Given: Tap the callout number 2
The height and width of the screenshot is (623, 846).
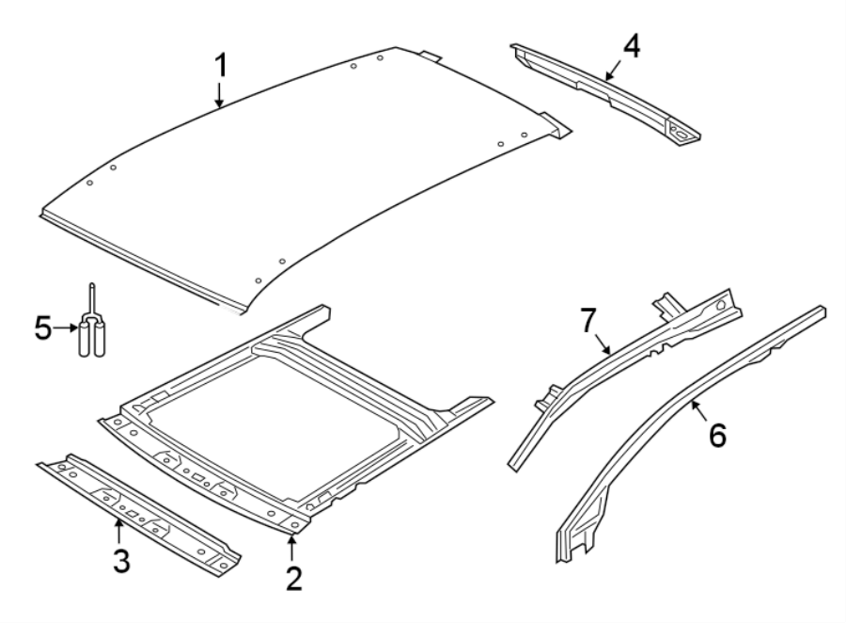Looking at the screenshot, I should pyautogui.click(x=294, y=576).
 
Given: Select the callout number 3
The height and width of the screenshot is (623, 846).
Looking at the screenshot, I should pyautogui.click(x=121, y=561).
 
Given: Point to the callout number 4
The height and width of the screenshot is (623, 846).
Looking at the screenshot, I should pyautogui.click(x=632, y=45).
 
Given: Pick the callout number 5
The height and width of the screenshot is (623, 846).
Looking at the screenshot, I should pyautogui.click(x=42, y=328).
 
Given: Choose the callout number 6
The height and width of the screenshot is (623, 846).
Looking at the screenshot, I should pyautogui.click(x=717, y=435).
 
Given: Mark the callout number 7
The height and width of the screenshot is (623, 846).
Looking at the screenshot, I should pyautogui.click(x=588, y=322).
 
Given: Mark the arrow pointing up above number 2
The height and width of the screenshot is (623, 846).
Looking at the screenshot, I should pyautogui.click(x=292, y=546).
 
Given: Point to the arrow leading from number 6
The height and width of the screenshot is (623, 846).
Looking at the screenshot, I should pyautogui.click(x=697, y=411).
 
